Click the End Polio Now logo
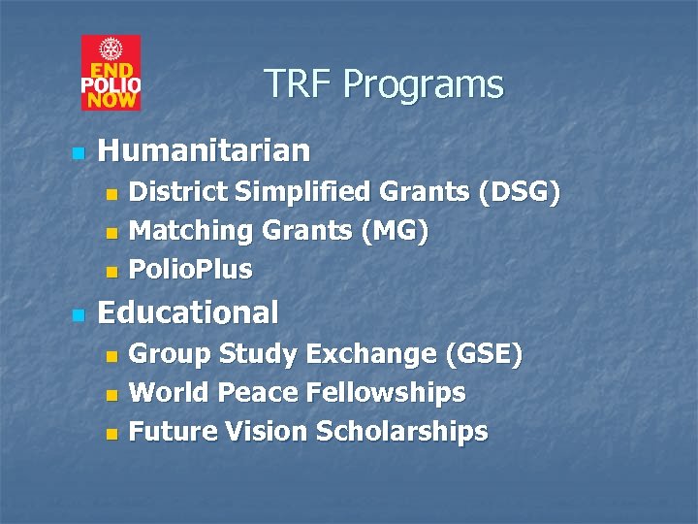[x=111, y=73]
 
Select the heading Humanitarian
[x=205, y=150]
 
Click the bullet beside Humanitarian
[x=79, y=153]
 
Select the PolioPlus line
[x=191, y=269]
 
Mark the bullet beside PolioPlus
[x=111, y=271]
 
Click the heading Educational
[x=189, y=312]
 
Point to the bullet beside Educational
[x=79, y=315]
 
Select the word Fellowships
[x=386, y=393]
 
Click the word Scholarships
[x=402, y=431]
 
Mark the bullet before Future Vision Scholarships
[x=111, y=433]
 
